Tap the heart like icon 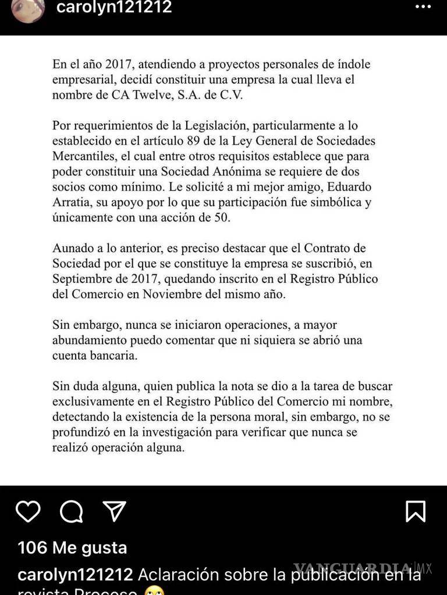coord(27,511)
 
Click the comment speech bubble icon coord(71,511)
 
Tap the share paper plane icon coord(114,511)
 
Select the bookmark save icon coord(416,511)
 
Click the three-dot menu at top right coord(423,8)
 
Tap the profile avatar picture coord(27,9)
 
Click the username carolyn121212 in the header coord(113,8)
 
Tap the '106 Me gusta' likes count coord(72,547)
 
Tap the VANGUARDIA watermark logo coord(352,568)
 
